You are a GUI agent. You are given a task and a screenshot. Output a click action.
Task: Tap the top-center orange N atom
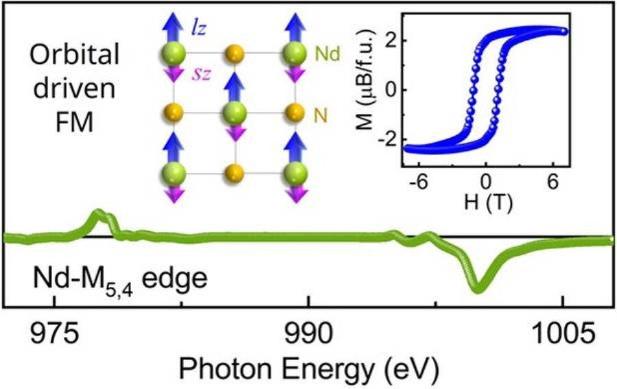(235, 52)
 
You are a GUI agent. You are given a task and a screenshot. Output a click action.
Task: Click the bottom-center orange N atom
(235, 172)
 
